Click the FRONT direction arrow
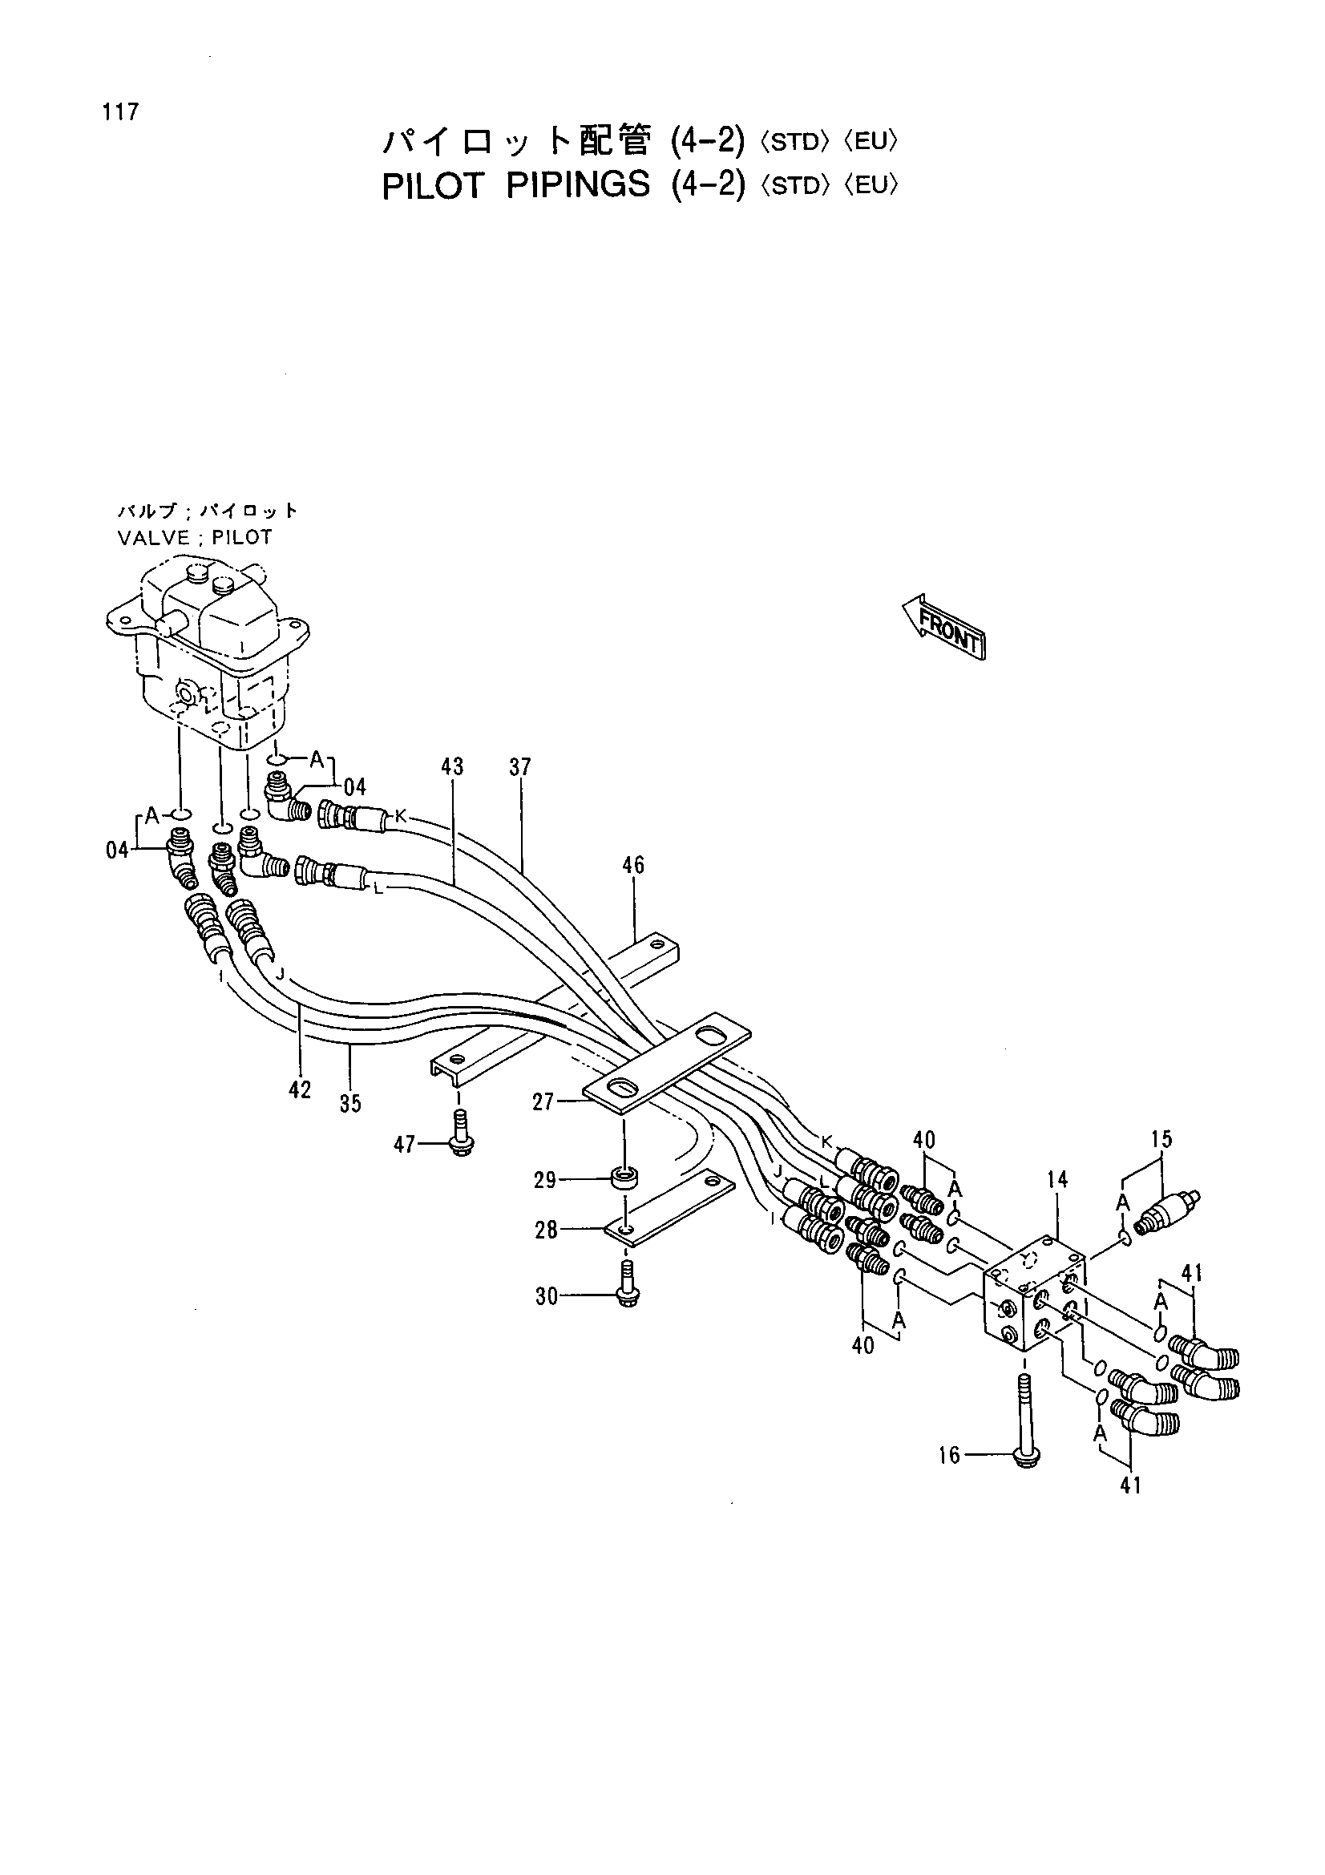943,625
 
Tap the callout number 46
633,865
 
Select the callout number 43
452,767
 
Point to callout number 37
520,767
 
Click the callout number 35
350,1103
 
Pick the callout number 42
300,1089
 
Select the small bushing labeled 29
625,1179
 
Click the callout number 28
546,1230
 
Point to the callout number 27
543,1102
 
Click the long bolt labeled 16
1025,1420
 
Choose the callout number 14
1057,1180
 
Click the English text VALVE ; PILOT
195,537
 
